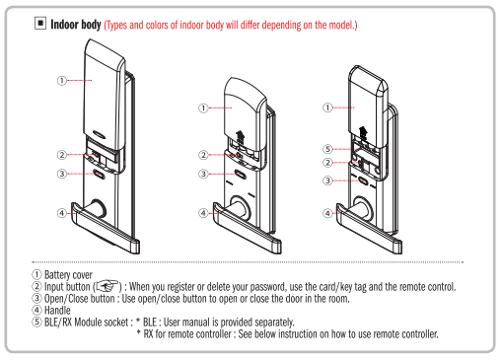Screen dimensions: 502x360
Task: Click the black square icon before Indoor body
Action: pyautogui.click(x=40, y=24)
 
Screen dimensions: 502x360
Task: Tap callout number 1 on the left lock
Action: pyautogui.click(x=62, y=81)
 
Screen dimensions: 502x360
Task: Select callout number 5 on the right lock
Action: pyautogui.click(x=327, y=149)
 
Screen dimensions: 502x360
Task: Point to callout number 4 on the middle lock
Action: pyautogui.click(x=203, y=213)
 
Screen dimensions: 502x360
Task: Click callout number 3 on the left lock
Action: pyautogui.click(x=62, y=174)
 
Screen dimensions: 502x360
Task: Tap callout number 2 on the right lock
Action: pyautogui.click(x=327, y=163)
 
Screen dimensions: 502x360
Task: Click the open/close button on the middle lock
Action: pyautogui.click(x=241, y=174)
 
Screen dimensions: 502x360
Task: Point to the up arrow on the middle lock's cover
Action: pyautogui.click(x=240, y=135)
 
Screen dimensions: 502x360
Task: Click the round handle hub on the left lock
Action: pyautogui.click(x=98, y=208)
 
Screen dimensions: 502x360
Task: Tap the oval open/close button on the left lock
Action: pyautogui.click(x=99, y=174)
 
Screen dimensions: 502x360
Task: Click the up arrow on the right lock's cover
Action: pyautogui.click(x=363, y=131)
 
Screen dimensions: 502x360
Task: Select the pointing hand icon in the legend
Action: pyautogui.click(x=107, y=286)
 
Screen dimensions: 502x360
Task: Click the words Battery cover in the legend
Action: pyautogui.click(x=68, y=274)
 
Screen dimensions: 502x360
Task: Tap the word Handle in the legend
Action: pyautogui.click(x=57, y=310)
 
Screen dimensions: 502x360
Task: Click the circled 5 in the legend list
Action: pyautogui.click(x=36, y=322)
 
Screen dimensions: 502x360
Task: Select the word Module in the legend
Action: pyautogui.click(x=88, y=322)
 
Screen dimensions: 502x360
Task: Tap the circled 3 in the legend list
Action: pyautogui.click(x=36, y=298)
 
